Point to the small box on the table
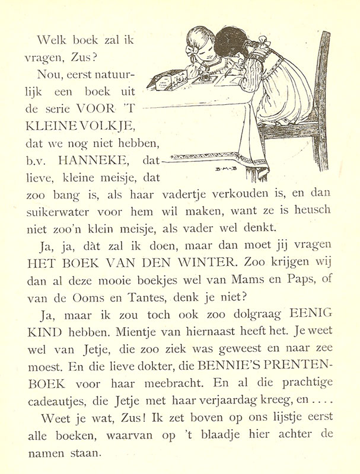(167, 79)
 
